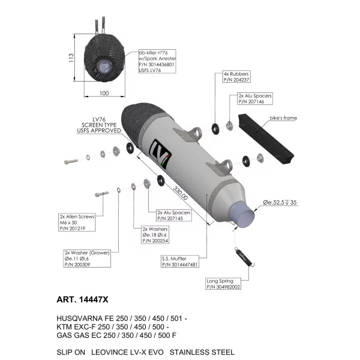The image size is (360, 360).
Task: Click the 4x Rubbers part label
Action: (x=236, y=77)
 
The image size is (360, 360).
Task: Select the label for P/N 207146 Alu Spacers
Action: (x=255, y=99)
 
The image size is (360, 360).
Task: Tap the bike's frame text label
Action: (x=283, y=118)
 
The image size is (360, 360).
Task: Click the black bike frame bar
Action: (x=266, y=139)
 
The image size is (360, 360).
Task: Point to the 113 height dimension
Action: (x=71, y=58)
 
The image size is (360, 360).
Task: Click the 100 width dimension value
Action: (x=104, y=94)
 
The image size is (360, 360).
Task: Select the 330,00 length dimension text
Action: (x=180, y=193)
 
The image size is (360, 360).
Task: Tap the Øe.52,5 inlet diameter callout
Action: (x=280, y=203)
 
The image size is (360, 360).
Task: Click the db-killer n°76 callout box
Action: (x=157, y=61)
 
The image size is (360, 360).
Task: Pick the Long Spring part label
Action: (x=223, y=284)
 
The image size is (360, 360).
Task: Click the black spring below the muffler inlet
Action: (x=245, y=257)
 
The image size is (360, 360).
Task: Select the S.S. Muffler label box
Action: (x=180, y=262)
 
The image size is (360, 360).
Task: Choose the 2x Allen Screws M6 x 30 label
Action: (x=77, y=222)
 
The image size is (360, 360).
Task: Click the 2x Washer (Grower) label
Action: (x=87, y=259)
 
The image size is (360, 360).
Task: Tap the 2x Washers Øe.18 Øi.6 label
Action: (x=155, y=235)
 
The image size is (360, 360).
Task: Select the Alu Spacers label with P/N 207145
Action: (x=174, y=215)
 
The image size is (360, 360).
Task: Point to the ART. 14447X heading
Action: (x=82, y=299)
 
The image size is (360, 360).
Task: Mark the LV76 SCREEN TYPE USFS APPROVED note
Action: (x=99, y=125)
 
